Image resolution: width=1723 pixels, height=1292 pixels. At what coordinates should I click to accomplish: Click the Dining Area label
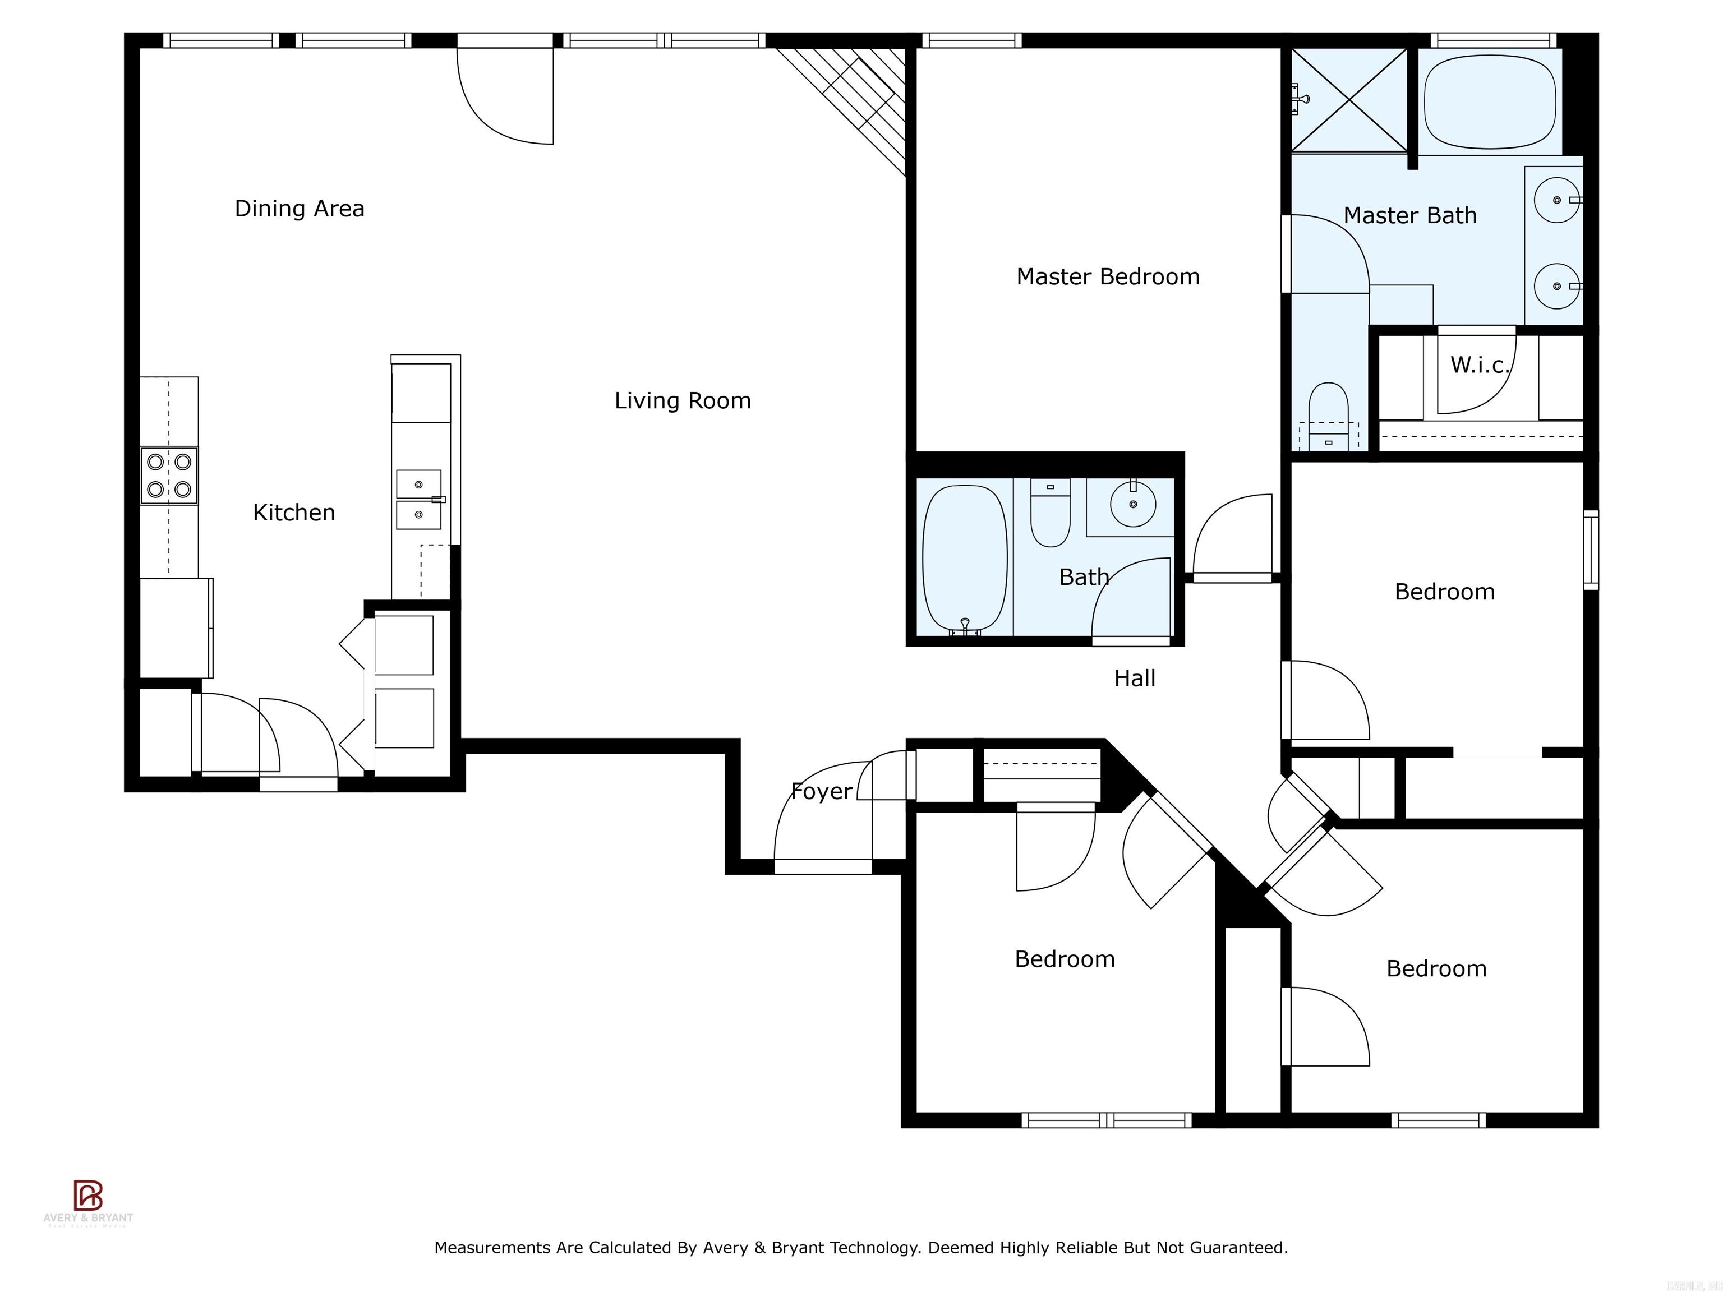tap(299, 209)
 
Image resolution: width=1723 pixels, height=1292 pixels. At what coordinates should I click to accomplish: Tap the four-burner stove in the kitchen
tap(169, 476)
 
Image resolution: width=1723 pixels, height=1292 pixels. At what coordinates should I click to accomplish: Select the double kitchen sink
tap(419, 499)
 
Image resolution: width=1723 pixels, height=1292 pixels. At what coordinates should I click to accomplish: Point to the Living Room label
tap(683, 401)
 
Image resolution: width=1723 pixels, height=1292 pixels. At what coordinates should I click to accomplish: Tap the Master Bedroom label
tap(1108, 276)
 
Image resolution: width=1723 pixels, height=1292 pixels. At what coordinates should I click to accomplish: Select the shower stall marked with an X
tap(1349, 100)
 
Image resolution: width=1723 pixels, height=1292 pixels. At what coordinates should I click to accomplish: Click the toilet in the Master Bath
tap(1328, 413)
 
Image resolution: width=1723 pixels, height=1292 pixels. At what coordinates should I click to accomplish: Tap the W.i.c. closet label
tap(1479, 365)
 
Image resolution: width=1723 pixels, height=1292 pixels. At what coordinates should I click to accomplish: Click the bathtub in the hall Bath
tap(964, 559)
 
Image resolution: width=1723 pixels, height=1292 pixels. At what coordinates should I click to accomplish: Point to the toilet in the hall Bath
tap(1050, 514)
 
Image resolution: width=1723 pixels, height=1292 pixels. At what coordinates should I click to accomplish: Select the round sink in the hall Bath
tap(1132, 504)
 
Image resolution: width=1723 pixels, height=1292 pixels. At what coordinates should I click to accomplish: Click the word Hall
tap(1134, 679)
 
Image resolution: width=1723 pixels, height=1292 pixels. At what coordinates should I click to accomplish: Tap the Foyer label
tap(821, 791)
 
